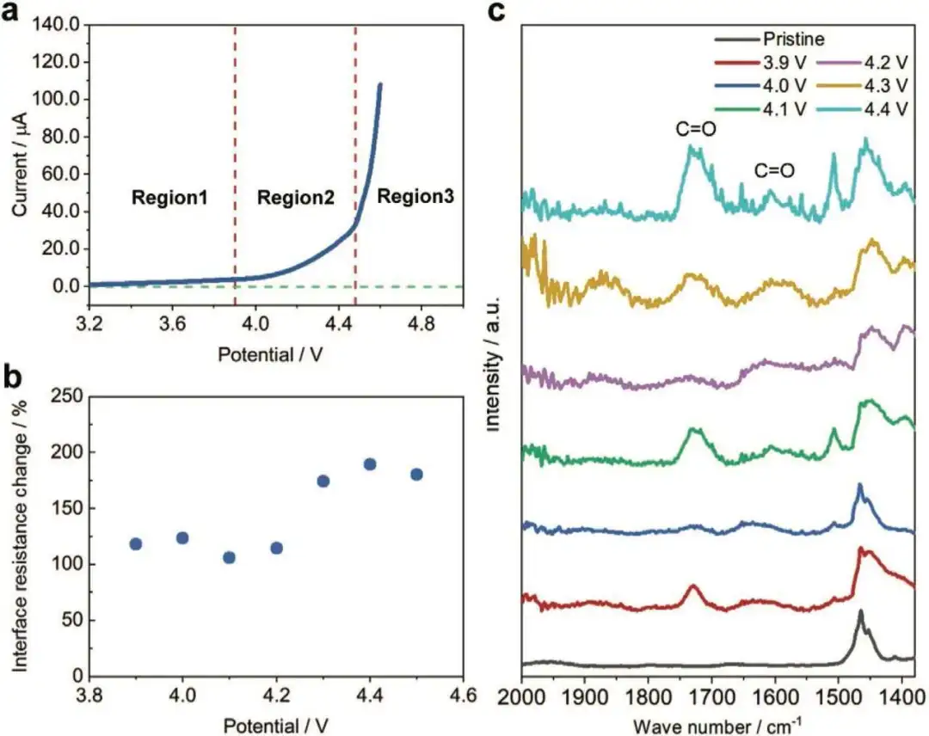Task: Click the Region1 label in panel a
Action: pos(169,198)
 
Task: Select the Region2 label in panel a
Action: pos(295,198)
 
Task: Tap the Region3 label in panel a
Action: pos(415,196)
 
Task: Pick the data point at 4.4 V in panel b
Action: pos(370,464)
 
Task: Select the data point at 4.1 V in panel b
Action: pos(229,557)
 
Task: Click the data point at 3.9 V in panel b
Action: pos(135,543)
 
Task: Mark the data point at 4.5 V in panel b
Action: pos(416,475)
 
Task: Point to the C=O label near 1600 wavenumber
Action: pos(774,171)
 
